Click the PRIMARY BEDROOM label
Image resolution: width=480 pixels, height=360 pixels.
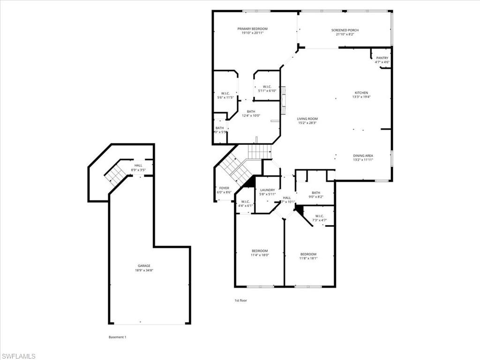pos(252,29)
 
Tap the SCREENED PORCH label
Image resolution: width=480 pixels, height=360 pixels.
pos(347,30)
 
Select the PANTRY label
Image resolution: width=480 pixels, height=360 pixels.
pos(382,58)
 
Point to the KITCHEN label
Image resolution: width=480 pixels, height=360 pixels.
pos(361,93)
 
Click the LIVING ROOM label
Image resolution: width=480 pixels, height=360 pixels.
pos(307,119)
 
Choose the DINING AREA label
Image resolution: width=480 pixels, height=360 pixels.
pos(363,155)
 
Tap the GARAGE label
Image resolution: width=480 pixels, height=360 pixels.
pos(144,266)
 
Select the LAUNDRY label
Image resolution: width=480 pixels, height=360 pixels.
pos(268,190)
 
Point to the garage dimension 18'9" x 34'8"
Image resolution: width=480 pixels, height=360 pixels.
pos(144,270)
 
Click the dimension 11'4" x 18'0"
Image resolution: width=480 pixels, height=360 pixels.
pos(259,255)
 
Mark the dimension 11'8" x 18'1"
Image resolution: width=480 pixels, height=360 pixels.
pos(308,258)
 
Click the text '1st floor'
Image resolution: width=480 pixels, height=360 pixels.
pos(240,300)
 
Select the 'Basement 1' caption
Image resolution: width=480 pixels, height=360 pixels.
pos(117,337)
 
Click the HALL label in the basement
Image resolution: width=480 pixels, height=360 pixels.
pos(138,165)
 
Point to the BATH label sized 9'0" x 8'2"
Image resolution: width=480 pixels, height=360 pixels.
pos(316,192)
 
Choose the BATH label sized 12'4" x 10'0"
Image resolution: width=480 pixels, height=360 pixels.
pos(251,112)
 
